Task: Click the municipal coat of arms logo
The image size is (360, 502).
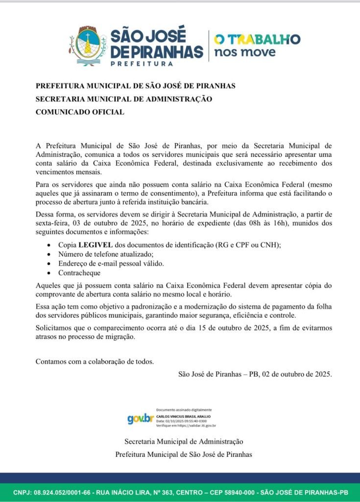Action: point(88,47)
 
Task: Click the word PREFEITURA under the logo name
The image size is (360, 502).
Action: point(142,64)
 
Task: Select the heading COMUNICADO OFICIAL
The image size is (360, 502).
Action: point(80,112)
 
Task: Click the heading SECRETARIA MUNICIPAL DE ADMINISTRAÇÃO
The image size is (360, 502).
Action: point(124,99)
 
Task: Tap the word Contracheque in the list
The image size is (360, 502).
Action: point(79,273)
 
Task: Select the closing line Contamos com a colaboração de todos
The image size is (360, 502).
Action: point(95,362)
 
